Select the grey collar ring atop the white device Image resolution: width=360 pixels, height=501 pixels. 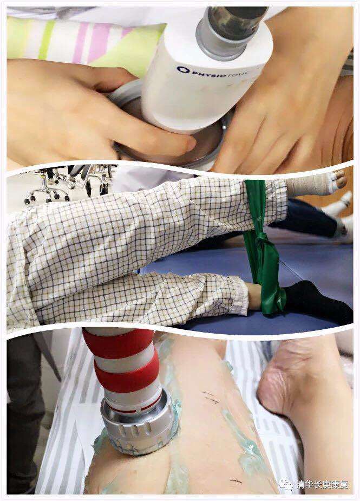click(221, 40)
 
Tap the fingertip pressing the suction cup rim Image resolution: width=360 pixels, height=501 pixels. click(188, 144)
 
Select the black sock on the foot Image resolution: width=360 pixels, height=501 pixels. click(317, 301)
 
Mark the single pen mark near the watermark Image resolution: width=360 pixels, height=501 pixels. click(235, 481)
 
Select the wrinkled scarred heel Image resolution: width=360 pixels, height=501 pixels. click(274, 377)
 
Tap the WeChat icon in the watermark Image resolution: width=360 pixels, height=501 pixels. click(285, 484)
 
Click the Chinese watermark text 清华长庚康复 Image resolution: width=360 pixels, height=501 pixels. click(322, 484)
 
